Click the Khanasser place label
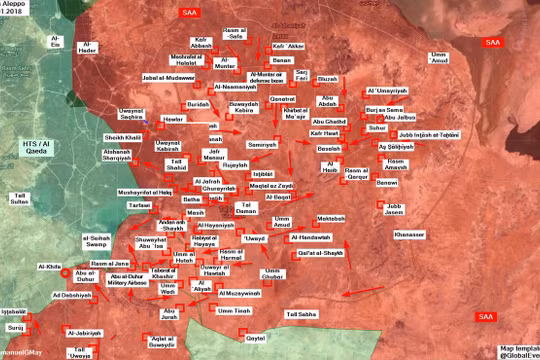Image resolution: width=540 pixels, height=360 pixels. pyautogui.click(x=410, y=234)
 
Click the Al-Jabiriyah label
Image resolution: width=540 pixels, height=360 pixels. pyautogui.click(x=86, y=331)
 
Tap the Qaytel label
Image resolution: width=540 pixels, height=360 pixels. pyautogui.click(x=256, y=338)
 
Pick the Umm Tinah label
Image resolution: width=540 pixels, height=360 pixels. pyautogui.click(x=234, y=312)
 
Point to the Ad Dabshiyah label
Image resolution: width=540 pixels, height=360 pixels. pyautogui.click(x=71, y=296)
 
